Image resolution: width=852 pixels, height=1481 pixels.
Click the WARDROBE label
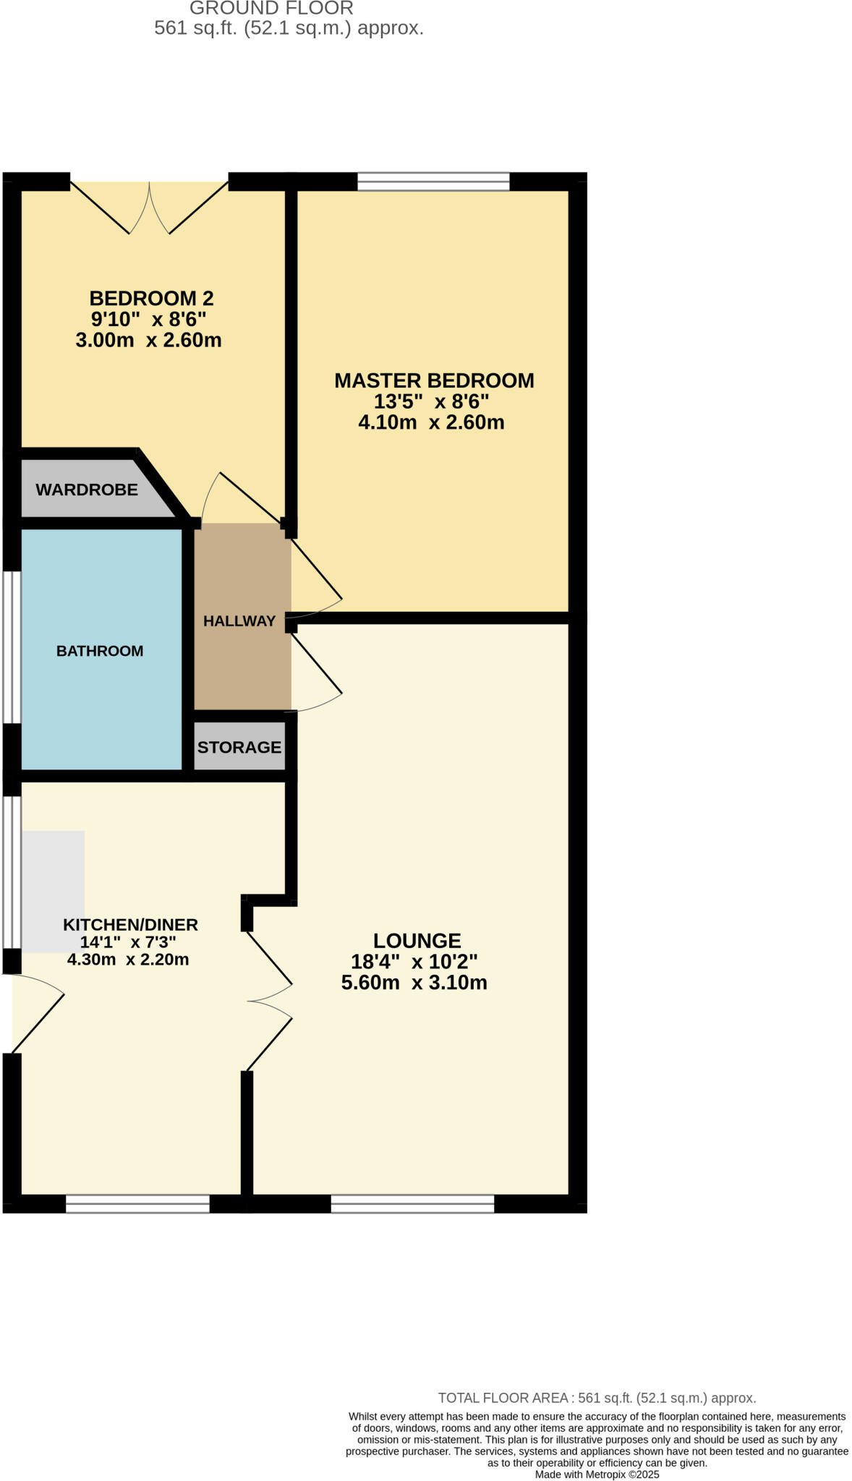click(87, 490)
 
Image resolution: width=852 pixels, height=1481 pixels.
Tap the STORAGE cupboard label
click(239, 747)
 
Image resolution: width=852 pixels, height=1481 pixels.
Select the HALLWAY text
click(239, 620)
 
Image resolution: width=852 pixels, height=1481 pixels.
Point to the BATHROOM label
click(100, 651)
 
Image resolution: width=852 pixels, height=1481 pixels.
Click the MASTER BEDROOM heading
click(434, 380)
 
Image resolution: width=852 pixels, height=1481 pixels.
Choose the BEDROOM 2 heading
click(151, 298)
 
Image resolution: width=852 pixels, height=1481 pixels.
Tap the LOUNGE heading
click(417, 941)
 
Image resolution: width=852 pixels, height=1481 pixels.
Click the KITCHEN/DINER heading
click(130, 924)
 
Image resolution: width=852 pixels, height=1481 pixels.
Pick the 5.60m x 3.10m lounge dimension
click(414, 983)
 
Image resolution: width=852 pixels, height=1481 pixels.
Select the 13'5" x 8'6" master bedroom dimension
click(431, 401)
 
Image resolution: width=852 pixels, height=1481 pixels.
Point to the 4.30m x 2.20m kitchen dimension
click(128, 960)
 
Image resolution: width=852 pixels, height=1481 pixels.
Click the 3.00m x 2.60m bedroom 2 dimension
click(148, 340)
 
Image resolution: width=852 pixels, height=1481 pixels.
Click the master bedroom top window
click(433, 181)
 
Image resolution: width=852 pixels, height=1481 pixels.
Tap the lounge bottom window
click(412, 1204)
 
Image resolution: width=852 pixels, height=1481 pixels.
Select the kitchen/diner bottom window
click(137, 1204)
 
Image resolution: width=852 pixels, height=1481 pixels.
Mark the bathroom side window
click(11, 647)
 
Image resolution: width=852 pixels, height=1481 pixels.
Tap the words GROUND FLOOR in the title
click(271, 9)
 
